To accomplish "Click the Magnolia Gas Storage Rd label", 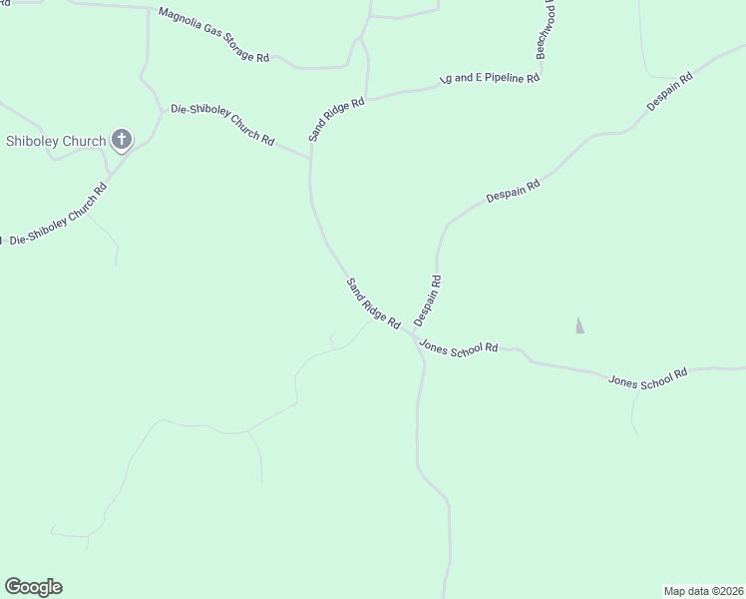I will coord(214,36).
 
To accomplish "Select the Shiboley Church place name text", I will coord(56,141).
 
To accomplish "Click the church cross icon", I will coord(122,140).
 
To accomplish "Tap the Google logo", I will coord(33,587).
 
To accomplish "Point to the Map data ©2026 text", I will coord(703,591).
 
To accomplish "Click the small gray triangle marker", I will coord(579,325).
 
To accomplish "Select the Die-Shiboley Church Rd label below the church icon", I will coord(58,216).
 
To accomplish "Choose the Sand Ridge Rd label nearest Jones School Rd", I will coord(373,303).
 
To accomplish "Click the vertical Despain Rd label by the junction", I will coord(428,300).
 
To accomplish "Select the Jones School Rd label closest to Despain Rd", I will coord(459,347).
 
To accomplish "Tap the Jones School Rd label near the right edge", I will coord(648,379).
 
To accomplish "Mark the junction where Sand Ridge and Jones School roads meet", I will coord(410,332).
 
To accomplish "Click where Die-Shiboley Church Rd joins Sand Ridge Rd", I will coord(310,158).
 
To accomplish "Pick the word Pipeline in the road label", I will coord(502,78).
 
